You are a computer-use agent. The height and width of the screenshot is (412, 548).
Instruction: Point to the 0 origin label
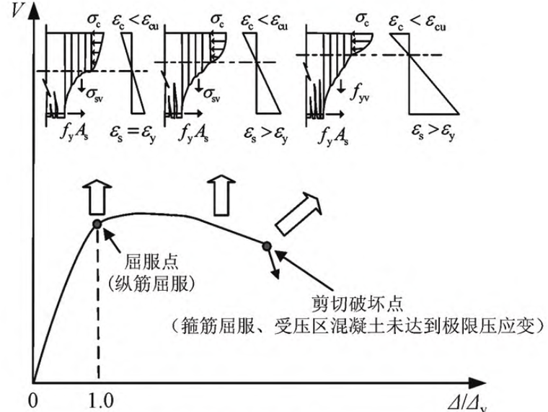pos(32,398)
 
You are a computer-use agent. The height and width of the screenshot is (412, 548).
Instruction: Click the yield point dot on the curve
pos(97,223)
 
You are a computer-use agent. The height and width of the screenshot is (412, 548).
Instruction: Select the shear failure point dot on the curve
pos(268,247)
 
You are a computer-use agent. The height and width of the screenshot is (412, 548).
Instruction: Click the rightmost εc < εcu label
pos(433,12)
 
